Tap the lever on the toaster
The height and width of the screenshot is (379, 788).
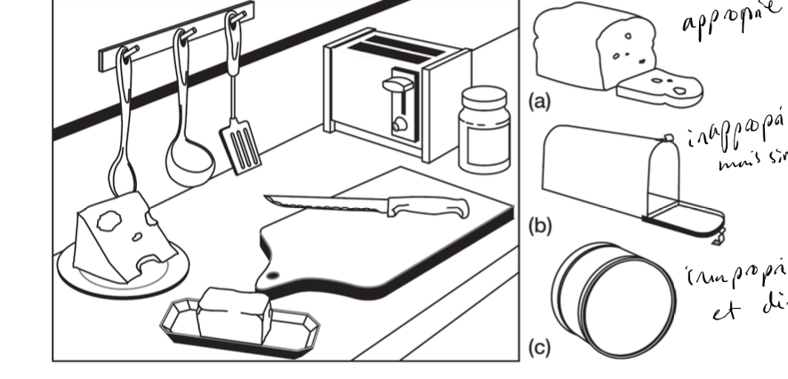[x=393, y=87]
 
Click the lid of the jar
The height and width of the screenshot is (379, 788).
[x=483, y=97]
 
